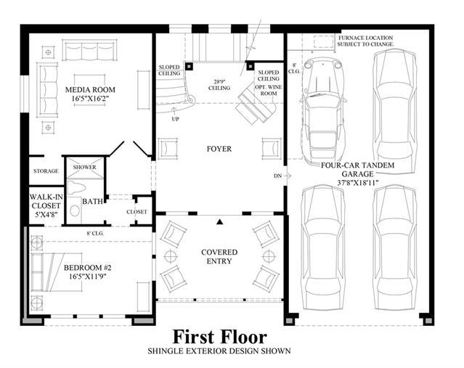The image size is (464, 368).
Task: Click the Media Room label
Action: click(90, 94)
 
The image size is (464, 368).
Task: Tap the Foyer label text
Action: click(219, 149)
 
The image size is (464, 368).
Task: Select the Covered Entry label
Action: click(219, 256)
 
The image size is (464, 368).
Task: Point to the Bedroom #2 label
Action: click(88, 272)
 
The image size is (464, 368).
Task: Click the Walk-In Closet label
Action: click(46, 205)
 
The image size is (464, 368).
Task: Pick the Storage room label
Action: click(46, 171)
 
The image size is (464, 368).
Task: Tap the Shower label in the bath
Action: click(85, 167)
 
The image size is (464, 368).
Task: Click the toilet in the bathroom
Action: click(76, 187)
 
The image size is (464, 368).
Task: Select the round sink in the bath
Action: click(75, 210)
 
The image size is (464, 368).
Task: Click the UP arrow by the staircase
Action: click(174, 111)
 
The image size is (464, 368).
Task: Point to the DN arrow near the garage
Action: click(287, 176)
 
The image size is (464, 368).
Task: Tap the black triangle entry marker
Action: click(219, 222)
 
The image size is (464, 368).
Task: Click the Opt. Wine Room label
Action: click(269, 90)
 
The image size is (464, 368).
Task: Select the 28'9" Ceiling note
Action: click(219, 85)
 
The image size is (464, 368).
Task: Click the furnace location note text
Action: click(365, 41)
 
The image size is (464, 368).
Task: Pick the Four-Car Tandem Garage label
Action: click(358, 173)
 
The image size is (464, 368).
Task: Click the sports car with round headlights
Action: click(322, 111)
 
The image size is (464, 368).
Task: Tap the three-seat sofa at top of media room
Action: click(89, 50)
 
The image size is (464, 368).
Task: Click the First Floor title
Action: click(219, 337)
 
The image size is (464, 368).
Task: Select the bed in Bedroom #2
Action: click(56, 272)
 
